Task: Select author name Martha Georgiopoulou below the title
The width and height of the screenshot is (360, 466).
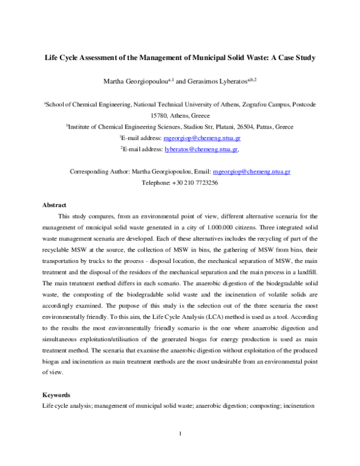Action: pos(139,80)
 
